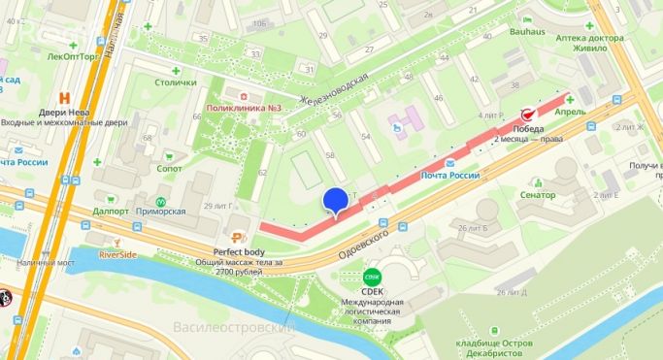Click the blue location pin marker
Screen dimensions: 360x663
(x=335, y=200)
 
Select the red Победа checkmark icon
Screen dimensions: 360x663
(x=529, y=114)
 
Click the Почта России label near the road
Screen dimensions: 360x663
(x=450, y=175)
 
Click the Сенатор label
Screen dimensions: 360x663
(x=537, y=195)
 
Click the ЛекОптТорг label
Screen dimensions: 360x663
(x=72, y=56)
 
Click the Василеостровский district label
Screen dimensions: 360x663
(x=233, y=327)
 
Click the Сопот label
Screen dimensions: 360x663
(x=169, y=168)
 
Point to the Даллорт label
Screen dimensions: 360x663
(x=112, y=211)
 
